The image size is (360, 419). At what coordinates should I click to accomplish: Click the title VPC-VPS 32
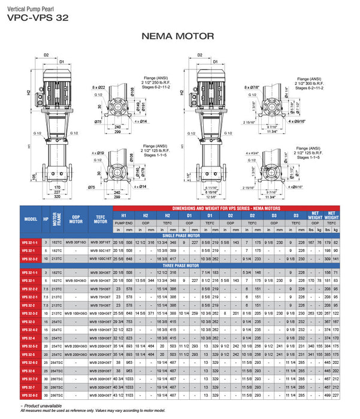point(37,17)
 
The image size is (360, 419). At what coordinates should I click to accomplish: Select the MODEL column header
point(31,218)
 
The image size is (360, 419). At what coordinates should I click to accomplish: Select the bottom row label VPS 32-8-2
point(31,395)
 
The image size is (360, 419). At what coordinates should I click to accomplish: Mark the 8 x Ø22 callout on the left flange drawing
point(98,88)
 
